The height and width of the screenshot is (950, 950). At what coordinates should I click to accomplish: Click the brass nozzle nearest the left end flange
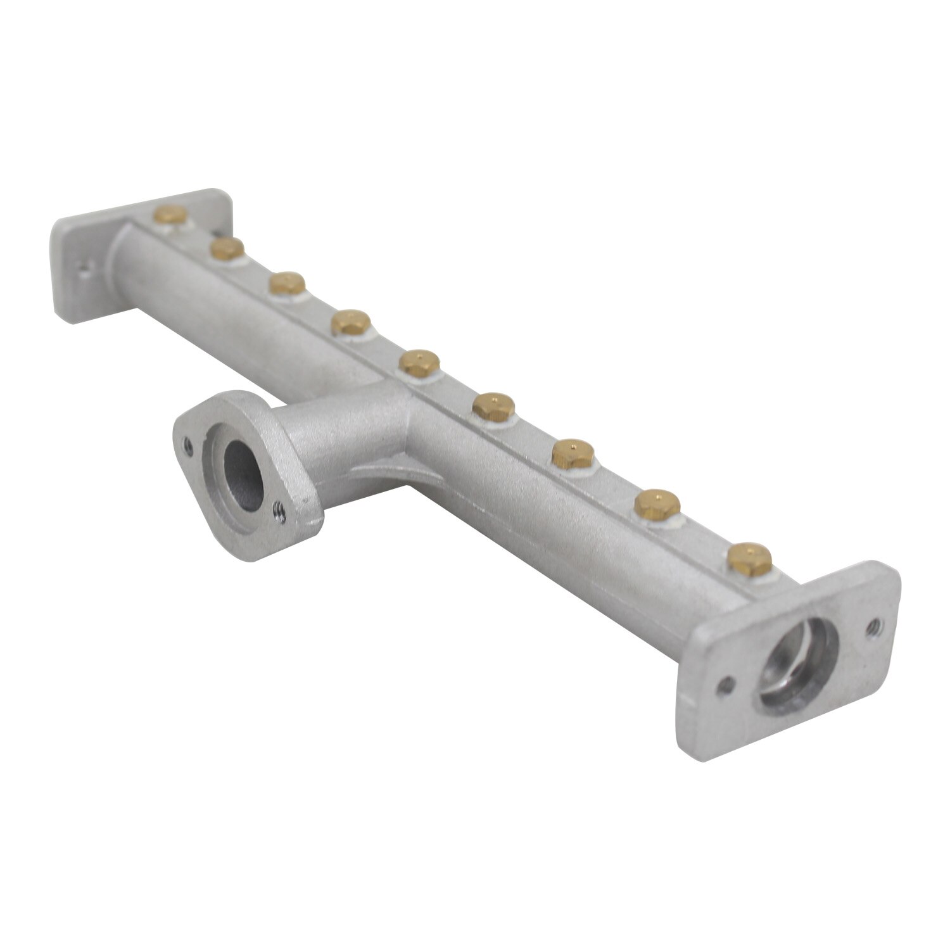point(169,217)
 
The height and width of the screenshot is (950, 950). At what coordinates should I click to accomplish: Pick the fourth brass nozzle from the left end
point(349,321)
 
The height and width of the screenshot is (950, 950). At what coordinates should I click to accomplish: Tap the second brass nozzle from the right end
point(657,503)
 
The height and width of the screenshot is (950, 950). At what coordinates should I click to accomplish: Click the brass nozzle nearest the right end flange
point(750,556)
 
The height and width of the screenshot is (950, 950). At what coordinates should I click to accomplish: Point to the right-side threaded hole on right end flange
point(877,625)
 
